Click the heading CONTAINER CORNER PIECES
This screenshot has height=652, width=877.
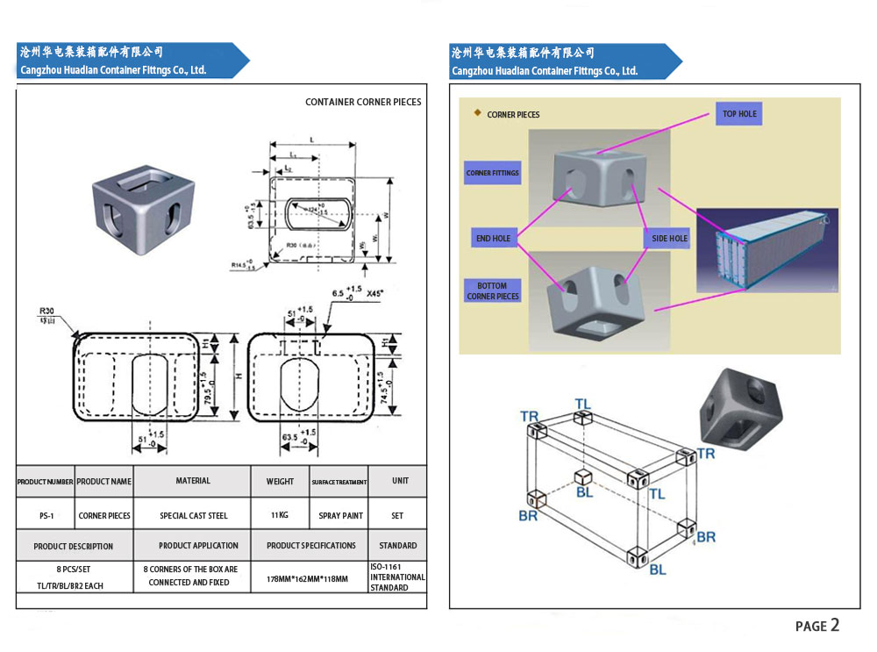(363, 102)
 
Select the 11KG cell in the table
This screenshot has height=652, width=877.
(280, 515)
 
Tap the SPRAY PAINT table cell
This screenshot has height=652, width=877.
(339, 515)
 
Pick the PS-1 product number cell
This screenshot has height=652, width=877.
(46, 516)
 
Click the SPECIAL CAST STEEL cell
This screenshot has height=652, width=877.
(193, 516)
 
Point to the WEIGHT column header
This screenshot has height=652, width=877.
(280, 481)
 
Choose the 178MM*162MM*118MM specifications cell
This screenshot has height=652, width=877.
(307, 579)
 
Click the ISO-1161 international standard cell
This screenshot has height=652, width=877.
(397, 577)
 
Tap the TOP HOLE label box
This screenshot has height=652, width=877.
(739, 114)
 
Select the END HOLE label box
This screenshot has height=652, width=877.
(493, 239)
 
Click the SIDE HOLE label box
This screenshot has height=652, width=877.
(670, 239)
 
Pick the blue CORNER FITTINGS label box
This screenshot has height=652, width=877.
(492, 173)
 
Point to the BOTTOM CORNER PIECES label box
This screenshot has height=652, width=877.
(492, 291)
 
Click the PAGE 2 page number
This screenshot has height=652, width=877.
(816, 626)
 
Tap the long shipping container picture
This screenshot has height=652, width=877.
(767, 250)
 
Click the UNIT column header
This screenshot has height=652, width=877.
(400, 481)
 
